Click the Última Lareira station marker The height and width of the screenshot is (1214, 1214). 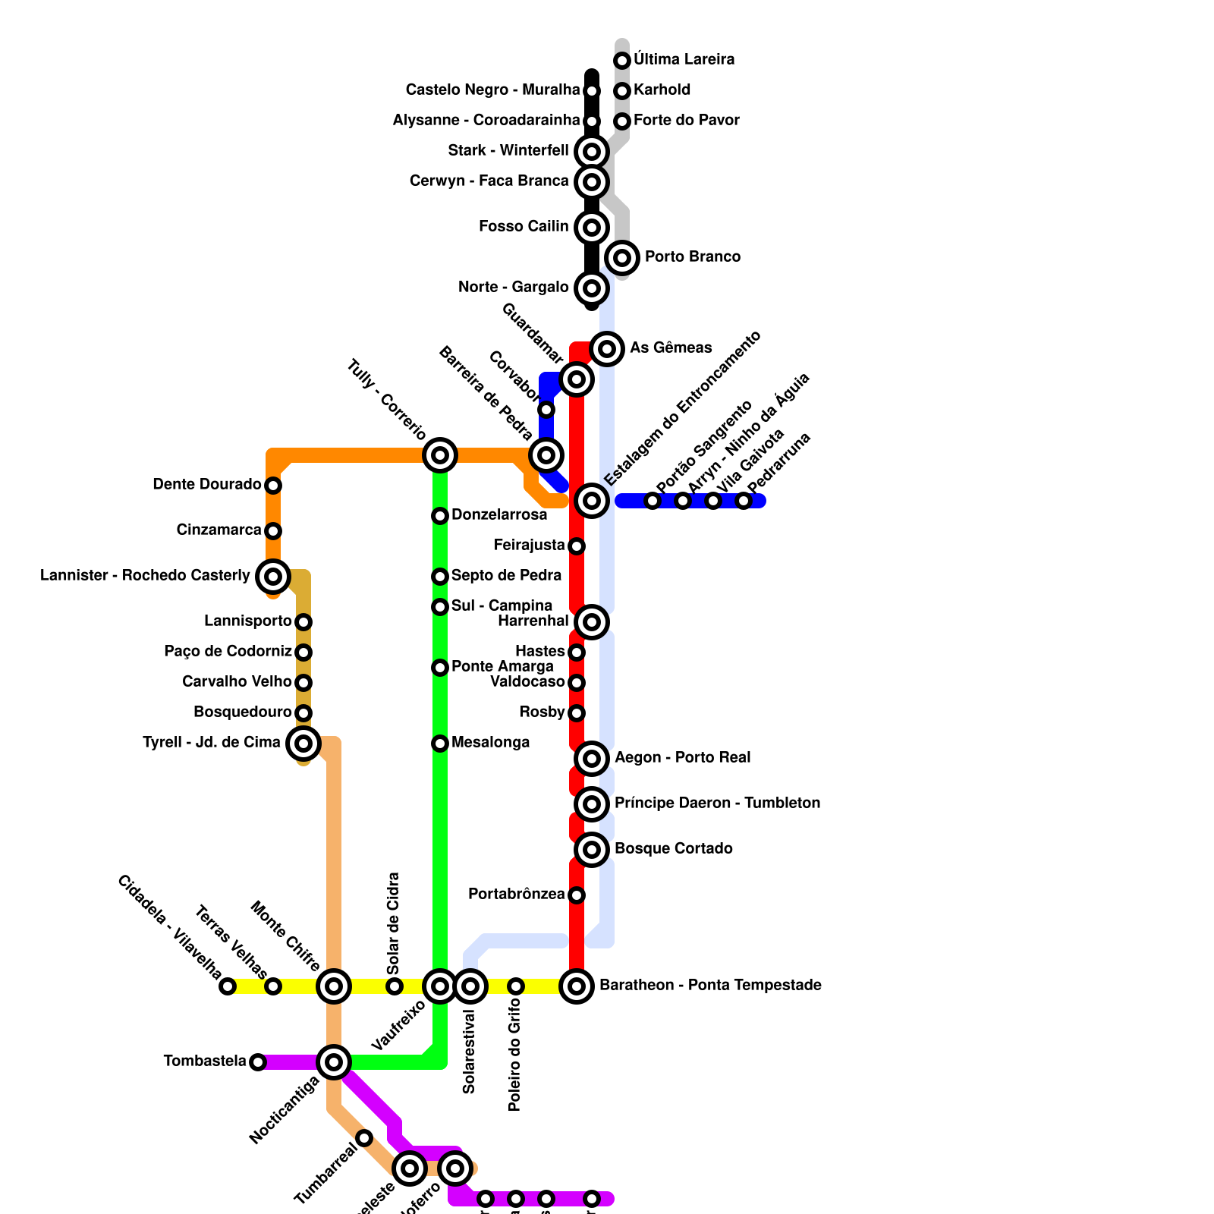pos(622,60)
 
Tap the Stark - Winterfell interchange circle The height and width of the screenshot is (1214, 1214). pos(592,151)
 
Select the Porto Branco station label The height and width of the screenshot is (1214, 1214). pos(692,257)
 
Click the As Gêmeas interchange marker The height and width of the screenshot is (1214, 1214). pos(607,349)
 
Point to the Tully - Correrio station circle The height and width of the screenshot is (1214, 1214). pos(440,455)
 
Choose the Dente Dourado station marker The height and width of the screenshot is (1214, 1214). pos(273,486)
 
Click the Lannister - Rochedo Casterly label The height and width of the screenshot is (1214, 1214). pos(145,576)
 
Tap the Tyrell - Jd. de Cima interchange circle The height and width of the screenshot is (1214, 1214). pos(303,744)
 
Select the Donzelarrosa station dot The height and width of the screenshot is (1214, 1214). pos(440,516)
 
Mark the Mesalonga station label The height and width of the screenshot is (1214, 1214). pos(490,743)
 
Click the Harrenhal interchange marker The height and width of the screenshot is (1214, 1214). pos(592,622)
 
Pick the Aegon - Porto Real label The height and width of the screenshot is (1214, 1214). pos(682,758)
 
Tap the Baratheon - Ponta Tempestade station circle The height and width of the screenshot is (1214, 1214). pos(577,986)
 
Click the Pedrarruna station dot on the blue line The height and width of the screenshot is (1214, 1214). pos(744,501)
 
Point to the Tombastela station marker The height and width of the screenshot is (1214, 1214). pos(258,1062)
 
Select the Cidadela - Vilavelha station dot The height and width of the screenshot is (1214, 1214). pos(228,986)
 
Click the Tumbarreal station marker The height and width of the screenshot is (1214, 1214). pos(364,1138)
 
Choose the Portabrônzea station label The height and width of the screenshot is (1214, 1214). pos(516,895)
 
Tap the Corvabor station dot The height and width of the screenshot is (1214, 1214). pos(546,410)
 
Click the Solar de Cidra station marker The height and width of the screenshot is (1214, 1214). pos(395,986)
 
